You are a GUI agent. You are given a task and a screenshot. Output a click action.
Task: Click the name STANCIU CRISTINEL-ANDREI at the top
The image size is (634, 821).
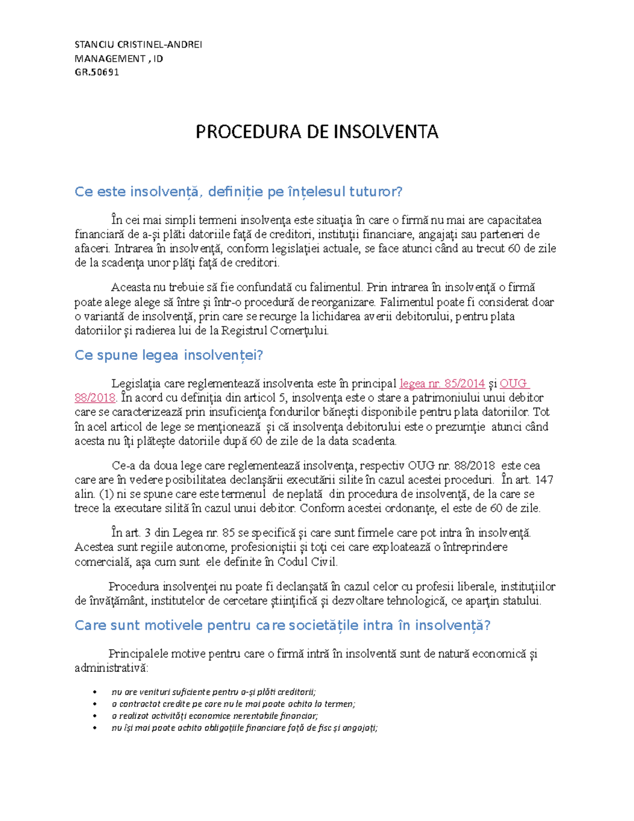[138, 44]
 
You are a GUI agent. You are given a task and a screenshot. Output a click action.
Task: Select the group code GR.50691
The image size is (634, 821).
[97, 72]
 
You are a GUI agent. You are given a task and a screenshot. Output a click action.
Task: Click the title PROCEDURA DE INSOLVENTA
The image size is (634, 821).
[316, 132]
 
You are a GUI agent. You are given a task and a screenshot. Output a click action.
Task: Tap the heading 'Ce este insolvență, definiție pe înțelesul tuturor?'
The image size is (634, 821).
[238, 191]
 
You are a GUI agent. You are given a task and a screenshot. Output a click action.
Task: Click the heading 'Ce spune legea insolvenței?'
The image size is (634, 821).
[169, 355]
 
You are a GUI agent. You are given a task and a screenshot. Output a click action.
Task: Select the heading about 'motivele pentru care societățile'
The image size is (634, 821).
[283, 625]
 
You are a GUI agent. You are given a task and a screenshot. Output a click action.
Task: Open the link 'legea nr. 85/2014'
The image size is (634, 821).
[442, 383]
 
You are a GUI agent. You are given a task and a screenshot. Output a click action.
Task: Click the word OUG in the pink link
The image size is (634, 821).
[514, 383]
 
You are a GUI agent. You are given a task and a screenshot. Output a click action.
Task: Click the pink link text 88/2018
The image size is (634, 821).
[95, 398]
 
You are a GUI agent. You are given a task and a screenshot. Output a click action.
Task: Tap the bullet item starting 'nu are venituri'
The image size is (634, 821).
[213, 692]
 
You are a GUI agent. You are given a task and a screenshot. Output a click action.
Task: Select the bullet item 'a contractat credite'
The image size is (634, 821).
[233, 704]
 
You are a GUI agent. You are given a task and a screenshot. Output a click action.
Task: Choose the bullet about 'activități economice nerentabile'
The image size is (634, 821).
[215, 716]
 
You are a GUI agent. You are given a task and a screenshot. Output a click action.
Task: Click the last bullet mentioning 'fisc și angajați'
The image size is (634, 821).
[244, 728]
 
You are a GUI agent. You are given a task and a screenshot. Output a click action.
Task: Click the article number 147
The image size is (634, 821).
[544, 480]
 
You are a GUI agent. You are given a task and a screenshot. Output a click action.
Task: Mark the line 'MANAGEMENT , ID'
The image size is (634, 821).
[118, 59]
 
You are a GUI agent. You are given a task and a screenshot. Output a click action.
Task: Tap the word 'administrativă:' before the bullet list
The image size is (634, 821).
[111, 668]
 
